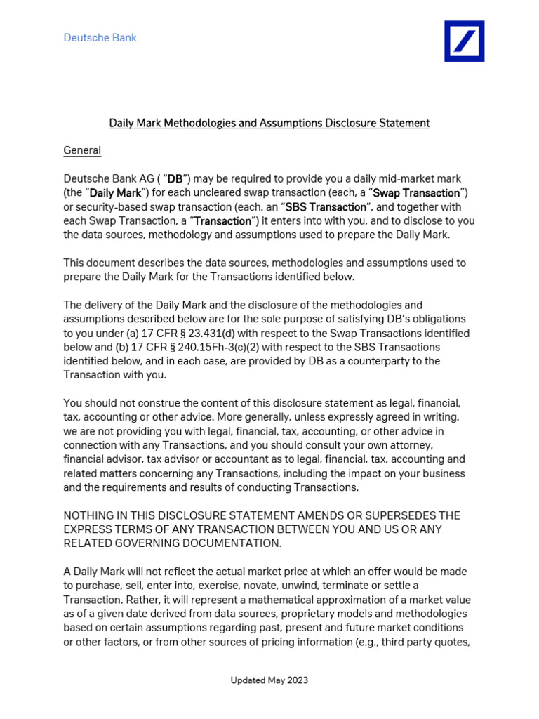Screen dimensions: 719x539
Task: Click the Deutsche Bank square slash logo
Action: click(x=464, y=41)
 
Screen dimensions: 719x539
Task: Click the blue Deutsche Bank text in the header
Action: click(x=100, y=38)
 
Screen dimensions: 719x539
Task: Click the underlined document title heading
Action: click(x=269, y=123)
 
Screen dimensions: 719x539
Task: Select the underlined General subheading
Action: click(x=82, y=150)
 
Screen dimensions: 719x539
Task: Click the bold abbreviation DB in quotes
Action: click(x=175, y=179)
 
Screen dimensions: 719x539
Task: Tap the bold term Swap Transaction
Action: click(x=417, y=193)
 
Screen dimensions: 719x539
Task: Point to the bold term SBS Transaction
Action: click(x=325, y=207)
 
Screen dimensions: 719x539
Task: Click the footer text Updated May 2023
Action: click(x=269, y=680)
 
